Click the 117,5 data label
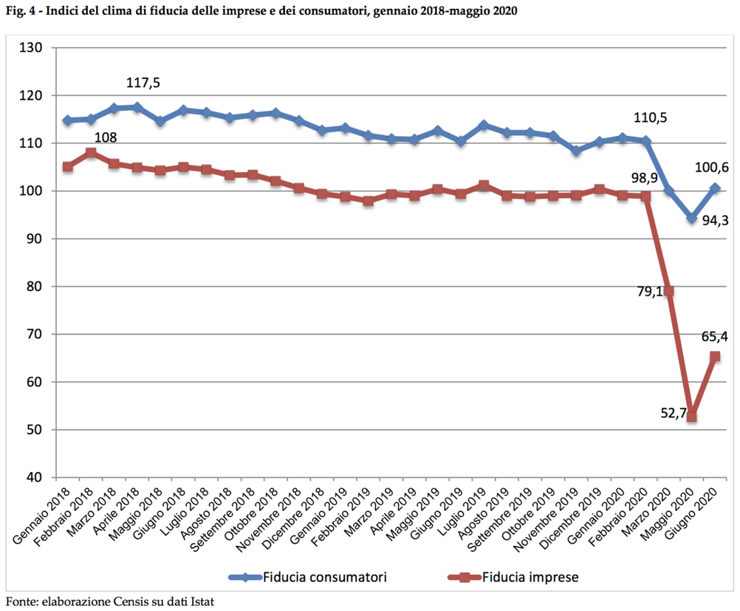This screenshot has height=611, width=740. click(x=143, y=83)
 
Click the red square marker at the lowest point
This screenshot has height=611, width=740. click(x=691, y=417)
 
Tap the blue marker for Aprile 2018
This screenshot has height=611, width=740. click(x=137, y=107)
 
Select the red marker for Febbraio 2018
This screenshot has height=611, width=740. click(x=91, y=153)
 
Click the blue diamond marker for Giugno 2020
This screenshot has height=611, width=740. click(x=714, y=188)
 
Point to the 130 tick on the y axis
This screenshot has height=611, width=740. click(x=34, y=48)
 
